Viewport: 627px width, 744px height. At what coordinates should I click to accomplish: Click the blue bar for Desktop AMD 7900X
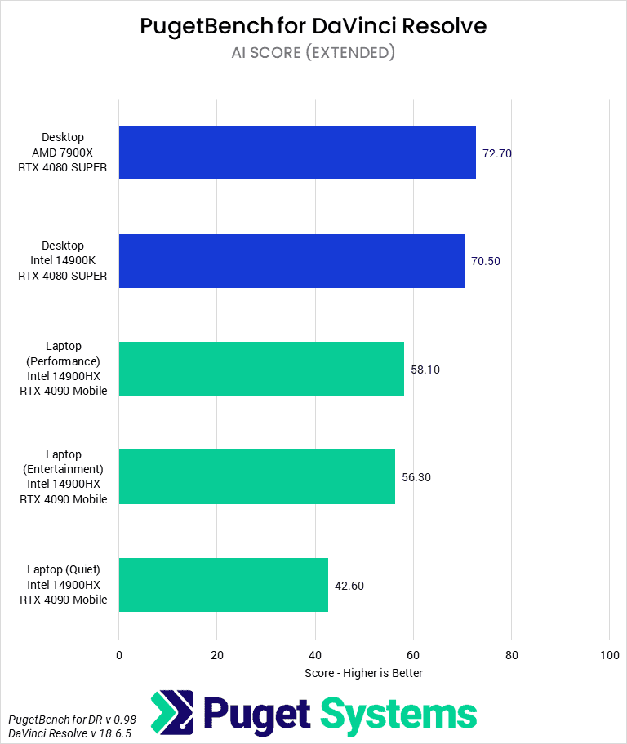297,153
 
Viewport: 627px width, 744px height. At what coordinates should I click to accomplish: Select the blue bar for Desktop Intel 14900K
291,261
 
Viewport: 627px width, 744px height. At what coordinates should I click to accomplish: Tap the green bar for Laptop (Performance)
261,369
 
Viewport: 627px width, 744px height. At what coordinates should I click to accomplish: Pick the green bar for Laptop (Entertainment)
257,476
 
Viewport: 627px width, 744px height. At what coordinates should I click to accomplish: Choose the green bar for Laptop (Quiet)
224,585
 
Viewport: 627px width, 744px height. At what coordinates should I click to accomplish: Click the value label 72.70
497,153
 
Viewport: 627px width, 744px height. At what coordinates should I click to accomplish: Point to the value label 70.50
486,261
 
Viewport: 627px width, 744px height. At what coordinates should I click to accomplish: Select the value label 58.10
425,370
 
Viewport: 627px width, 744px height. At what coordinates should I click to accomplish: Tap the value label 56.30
416,477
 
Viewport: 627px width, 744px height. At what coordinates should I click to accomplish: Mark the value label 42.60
349,585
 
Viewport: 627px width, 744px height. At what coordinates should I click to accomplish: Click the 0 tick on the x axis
119,655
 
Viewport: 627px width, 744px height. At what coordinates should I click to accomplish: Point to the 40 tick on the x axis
315,655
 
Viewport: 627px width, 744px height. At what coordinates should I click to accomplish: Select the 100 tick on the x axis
609,655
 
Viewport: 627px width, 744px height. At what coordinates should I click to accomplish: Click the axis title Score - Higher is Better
363,673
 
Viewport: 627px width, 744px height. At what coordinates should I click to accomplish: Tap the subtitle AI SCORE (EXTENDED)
313,52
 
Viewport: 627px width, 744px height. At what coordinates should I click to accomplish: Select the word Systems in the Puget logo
398,714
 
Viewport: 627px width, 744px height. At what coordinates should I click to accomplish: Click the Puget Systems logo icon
172,713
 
